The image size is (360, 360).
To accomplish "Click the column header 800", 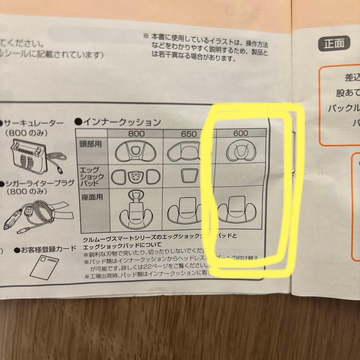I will click(136, 134).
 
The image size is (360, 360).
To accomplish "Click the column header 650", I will click(189, 134).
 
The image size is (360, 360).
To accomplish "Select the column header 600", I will click(241, 133).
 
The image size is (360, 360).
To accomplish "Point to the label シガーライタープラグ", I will click(33, 184).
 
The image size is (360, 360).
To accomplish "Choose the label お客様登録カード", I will click(46, 249).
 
